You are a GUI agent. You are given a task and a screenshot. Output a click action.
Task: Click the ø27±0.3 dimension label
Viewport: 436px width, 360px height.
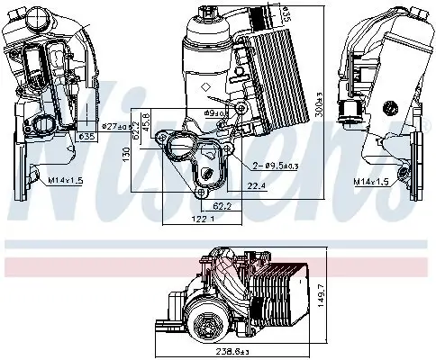pos(94,125)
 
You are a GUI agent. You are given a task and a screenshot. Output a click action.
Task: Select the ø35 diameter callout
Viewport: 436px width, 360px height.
pos(86,137)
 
